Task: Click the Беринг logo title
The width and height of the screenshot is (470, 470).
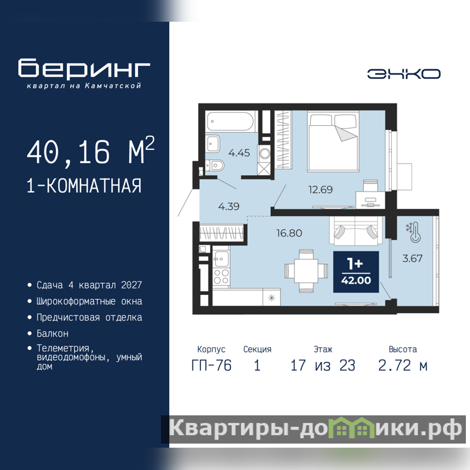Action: pos(84,68)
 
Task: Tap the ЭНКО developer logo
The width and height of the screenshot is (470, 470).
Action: pos(404,74)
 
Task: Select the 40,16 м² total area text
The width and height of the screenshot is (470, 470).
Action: pos(90,151)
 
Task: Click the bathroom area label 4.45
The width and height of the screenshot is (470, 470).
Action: pos(239,153)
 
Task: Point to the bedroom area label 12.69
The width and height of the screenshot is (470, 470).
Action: pos(320,189)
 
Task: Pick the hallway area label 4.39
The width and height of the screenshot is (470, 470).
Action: pos(229,206)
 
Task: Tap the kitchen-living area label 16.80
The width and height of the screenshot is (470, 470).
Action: pos(289,233)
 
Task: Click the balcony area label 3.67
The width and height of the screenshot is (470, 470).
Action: pos(412,258)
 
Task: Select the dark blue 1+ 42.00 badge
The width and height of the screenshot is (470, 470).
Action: pos(356,272)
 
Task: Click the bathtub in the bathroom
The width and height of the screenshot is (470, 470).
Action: pos(231,122)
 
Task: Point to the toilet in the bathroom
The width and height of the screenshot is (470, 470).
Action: pos(214,165)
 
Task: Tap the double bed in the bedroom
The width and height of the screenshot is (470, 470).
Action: pos(333,141)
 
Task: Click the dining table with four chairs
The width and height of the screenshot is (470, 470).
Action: pos(306,271)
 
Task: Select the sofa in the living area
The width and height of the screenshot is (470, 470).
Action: pos(356,231)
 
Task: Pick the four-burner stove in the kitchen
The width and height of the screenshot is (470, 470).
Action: pos(221,276)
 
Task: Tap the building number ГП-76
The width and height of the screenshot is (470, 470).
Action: pos(211,365)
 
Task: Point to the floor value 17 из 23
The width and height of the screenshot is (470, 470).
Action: pos(323,365)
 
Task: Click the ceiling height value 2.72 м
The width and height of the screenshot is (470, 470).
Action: pos(402,365)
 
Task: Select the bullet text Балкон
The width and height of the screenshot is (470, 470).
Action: pos(52,333)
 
